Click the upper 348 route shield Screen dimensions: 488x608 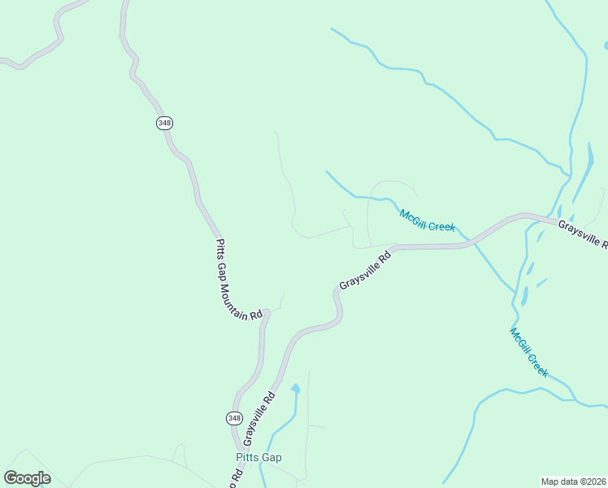point(165,123)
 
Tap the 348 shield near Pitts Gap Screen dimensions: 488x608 point(234,417)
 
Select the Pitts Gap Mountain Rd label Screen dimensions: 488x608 point(240,279)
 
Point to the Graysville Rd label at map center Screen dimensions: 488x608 point(366,270)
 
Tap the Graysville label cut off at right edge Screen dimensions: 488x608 point(582,233)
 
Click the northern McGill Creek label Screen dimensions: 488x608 point(427,220)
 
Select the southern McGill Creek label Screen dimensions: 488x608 point(528,351)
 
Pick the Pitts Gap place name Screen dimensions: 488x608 point(259,457)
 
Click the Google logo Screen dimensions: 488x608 point(27,478)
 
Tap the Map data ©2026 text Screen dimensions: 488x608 point(573,481)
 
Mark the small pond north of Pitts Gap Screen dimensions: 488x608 point(295,389)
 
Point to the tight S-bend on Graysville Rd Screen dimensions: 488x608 point(337,305)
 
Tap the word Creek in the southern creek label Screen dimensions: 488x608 point(538,364)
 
